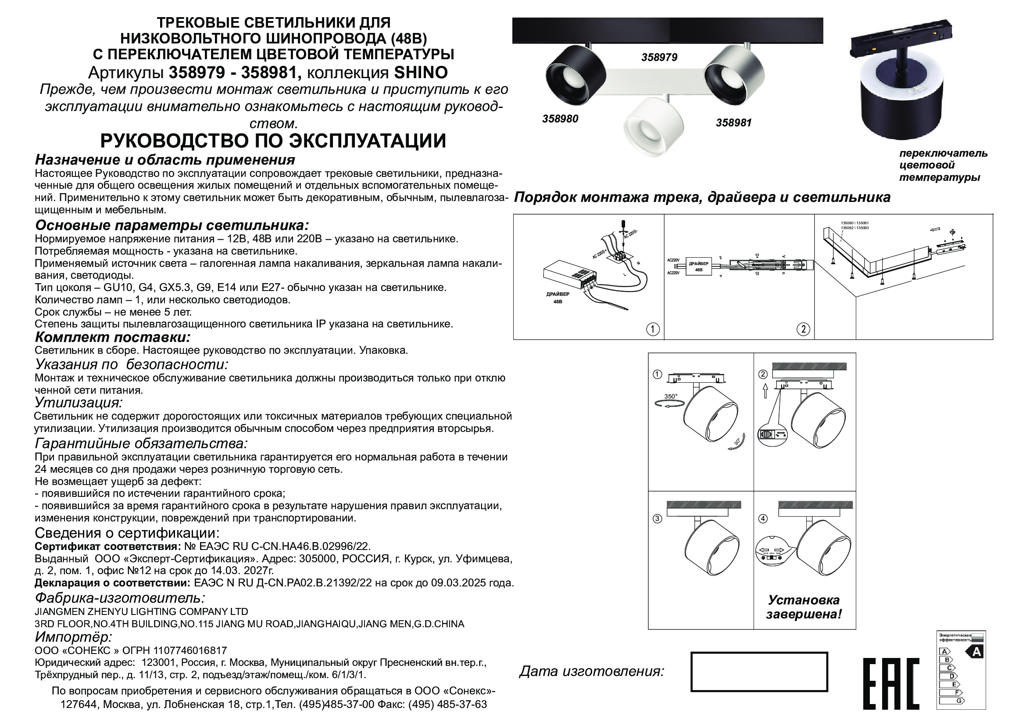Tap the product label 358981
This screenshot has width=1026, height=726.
pyautogui.click(x=734, y=122)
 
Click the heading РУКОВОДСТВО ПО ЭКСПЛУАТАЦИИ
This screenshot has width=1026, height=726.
pyautogui.click(x=273, y=141)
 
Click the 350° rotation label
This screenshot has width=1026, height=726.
pyautogui.click(x=670, y=396)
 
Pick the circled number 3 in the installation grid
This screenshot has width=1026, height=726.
pyautogui.click(x=658, y=519)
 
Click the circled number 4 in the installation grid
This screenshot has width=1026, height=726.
pyautogui.click(x=763, y=519)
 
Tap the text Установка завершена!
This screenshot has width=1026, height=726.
pyautogui.click(x=804, y=607)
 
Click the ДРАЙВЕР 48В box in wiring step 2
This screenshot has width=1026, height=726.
pyautogui.click(x=698, y=267)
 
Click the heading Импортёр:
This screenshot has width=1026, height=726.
pyautogui.click(x=73, y=636)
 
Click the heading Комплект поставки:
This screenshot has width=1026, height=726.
pyautogui.click(x=113, y=337)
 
